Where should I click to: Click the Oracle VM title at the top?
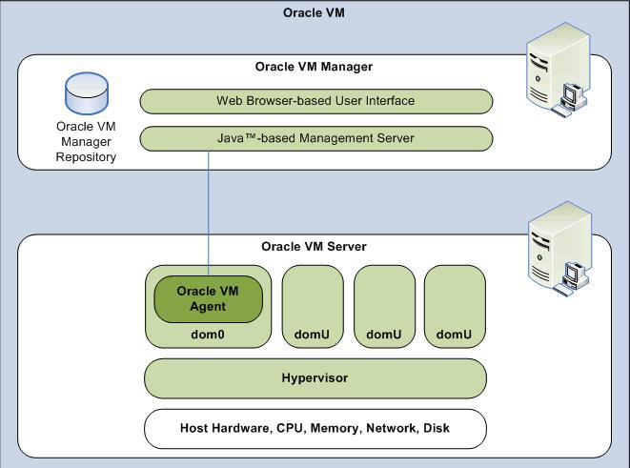click(x=315, y=12)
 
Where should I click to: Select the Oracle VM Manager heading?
click(x=314, y=67)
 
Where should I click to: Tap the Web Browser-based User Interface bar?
click(x=315, y=100)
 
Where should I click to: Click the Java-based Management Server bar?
click(x=315, y=139)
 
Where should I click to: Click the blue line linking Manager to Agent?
click(x=208, y=210)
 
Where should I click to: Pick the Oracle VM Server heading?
click(x=314, y=247)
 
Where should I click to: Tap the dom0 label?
click(x=208, y=335)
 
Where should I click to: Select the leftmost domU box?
click(x=312, y=305)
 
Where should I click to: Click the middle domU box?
click(x=383, y=305)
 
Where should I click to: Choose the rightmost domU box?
click(x=454, y=305)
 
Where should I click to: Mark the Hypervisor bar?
click(x=315, y=378)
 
